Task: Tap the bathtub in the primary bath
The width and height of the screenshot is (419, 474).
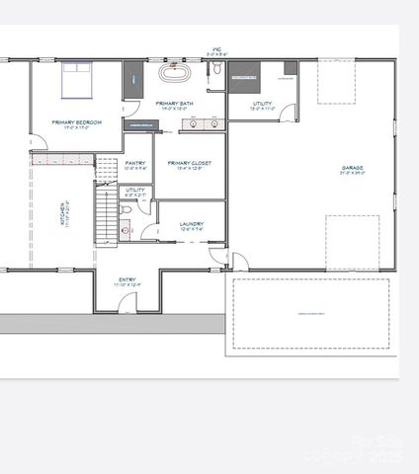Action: click(x=174, y=74)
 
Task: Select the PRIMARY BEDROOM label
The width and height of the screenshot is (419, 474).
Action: click(x=75, y=123)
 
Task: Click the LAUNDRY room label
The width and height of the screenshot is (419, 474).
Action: click(x=192, y=224)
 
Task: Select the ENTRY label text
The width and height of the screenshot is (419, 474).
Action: click(x=126, y=280)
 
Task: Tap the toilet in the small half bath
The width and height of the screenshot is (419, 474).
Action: click(x=125, y=231)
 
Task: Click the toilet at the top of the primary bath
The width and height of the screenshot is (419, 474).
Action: click(x=215, y=68)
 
